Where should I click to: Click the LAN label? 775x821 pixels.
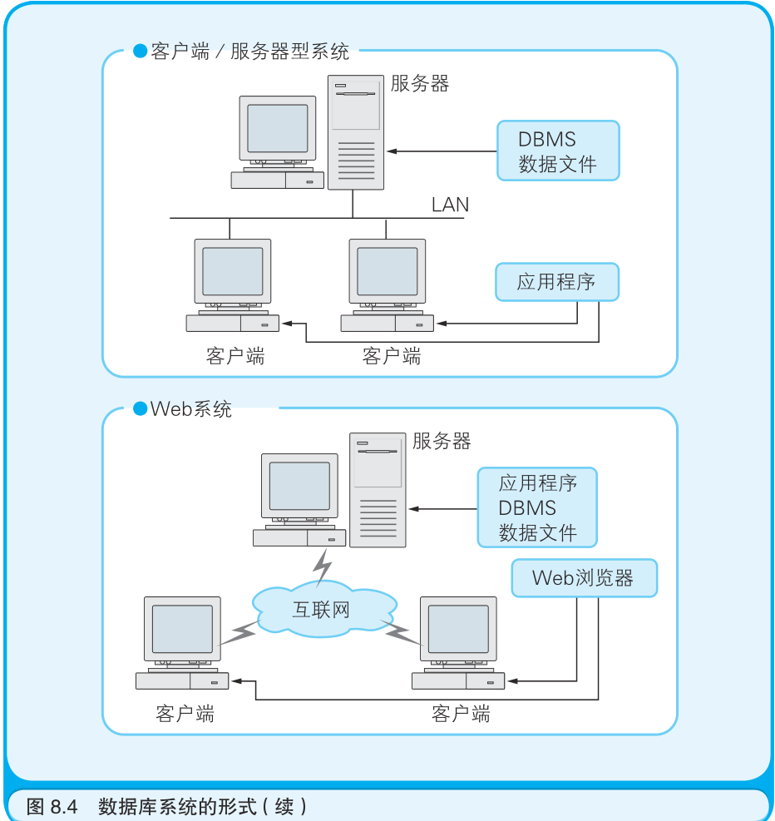[x=450, y=205]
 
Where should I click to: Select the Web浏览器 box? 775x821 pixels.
[x=584, y=578]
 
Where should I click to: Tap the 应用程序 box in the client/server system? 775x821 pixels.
[x=557, y=282]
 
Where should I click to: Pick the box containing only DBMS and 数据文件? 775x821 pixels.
[x=558, y=151]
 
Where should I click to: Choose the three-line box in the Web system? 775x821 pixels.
[x=537, y=507]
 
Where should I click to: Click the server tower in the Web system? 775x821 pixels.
[x=378, y=490]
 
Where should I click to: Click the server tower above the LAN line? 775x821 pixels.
[x=356, y=133]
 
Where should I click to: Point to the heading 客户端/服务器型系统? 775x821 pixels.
[x=249, y=52]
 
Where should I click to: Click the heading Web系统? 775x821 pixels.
[x=190, y=409]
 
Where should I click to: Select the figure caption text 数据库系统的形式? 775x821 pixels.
[x=202, y=806]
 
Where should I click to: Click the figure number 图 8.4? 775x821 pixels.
[x=52, y=806]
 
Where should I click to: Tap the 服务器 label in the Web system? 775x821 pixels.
[x=442, y=442]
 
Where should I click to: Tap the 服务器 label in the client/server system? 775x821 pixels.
[x=420, y=84]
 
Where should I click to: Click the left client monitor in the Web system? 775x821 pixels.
[x=182, y=631]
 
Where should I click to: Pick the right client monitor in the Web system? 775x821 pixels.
[x=458, y=631]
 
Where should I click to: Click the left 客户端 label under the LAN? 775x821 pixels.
[x=235, y=357]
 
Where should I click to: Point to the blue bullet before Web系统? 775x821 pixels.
[x=140, y=409]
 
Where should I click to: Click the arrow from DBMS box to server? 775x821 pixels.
[x=441, y=151]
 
